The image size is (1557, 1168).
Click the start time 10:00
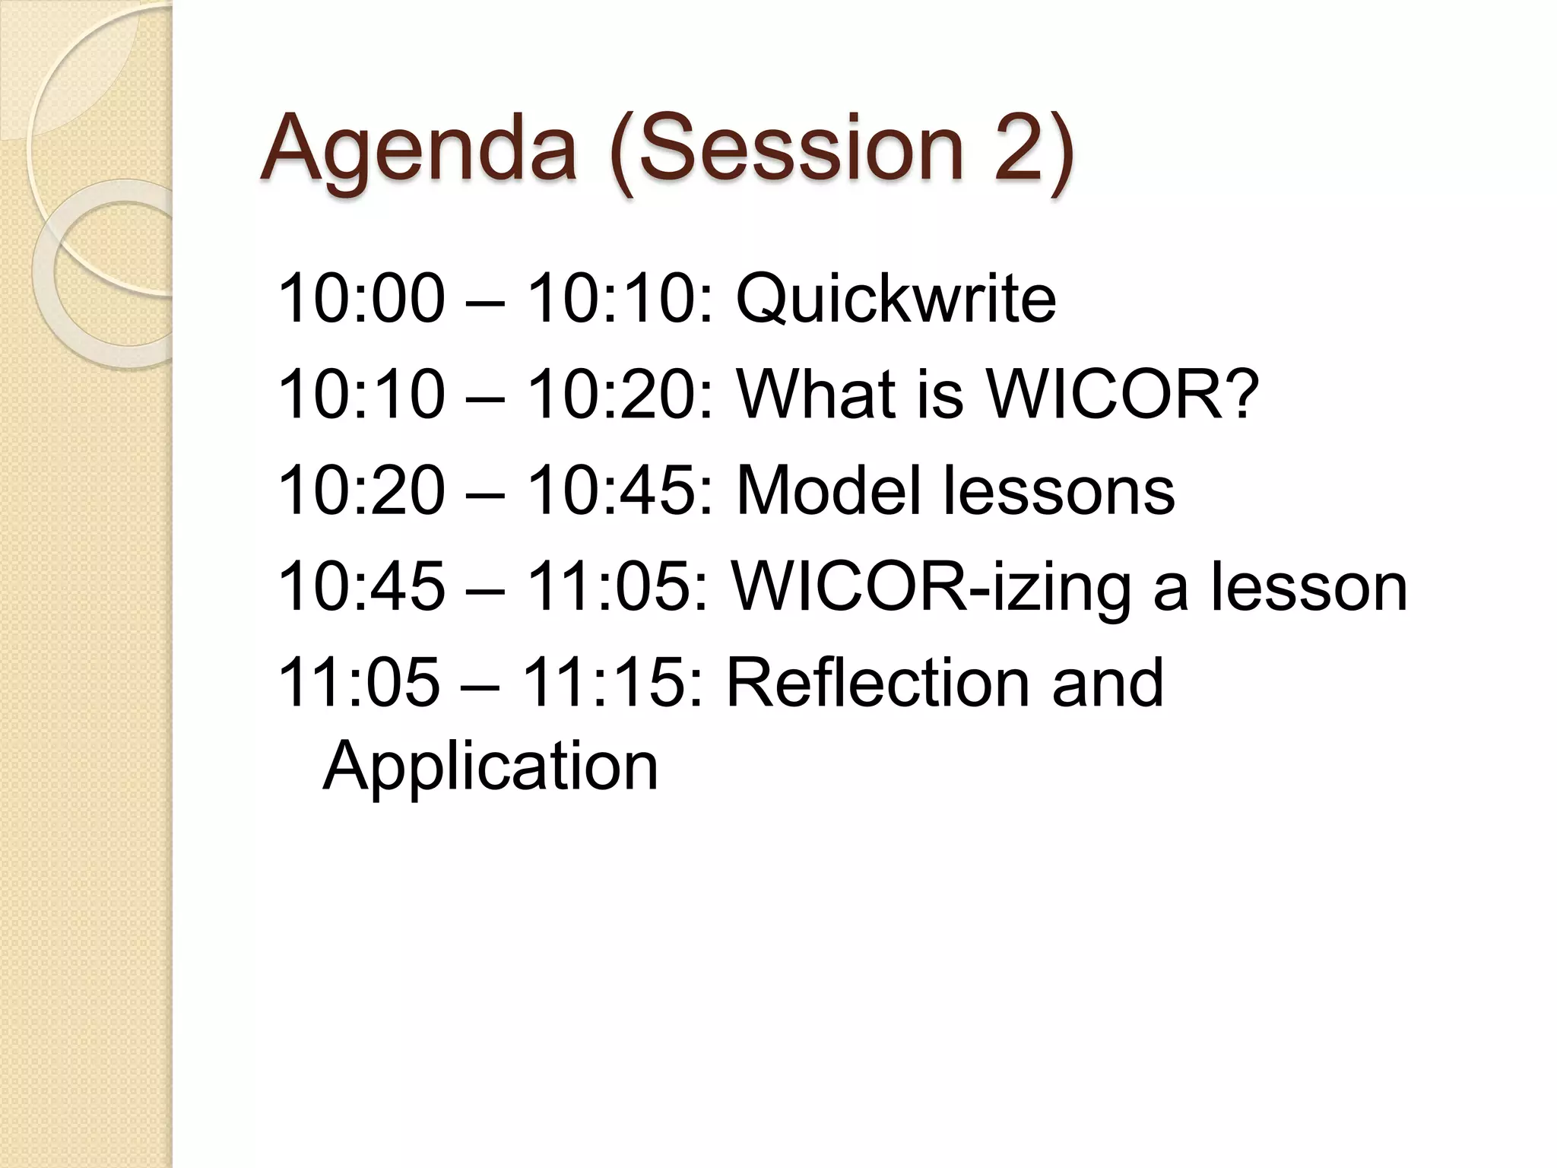362,298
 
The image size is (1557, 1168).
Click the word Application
490,766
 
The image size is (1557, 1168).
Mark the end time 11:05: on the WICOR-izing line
617,587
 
